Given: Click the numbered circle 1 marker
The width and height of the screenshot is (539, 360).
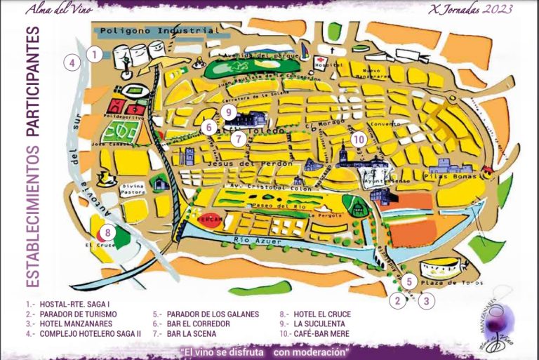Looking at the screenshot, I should tap(94, 53).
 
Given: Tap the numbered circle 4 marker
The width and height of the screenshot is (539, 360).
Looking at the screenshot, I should tap(71, 62).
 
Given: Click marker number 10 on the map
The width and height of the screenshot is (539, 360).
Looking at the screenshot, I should tap(359, 139).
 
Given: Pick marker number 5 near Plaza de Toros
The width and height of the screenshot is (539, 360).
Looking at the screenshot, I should tap(409, 282).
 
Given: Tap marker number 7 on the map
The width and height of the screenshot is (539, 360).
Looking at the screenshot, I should tap(239, 138).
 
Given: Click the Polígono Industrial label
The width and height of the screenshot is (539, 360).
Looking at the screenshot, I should tap(155, 32).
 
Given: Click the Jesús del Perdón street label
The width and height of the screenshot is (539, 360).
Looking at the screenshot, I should tap(233, 163).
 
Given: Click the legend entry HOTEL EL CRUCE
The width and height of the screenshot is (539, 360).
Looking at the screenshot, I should tap(320, 314).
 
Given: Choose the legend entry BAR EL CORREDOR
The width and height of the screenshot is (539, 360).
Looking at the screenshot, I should tap(198, 324).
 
